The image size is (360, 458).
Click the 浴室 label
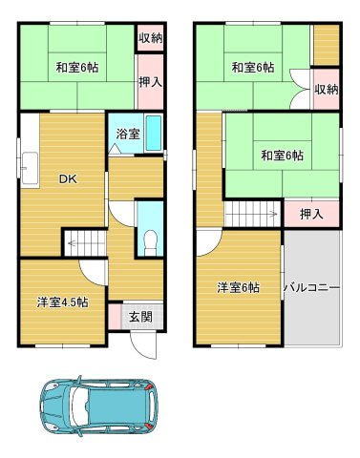click(129, 135)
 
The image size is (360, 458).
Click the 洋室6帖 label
click(237, 287)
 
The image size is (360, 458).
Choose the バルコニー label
click(311, 286)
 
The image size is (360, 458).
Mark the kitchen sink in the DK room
click(28, 166)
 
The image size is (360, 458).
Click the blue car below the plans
click(96, 408)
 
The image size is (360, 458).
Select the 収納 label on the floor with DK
click(149, 38)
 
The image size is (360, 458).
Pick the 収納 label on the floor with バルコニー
click(326, 90)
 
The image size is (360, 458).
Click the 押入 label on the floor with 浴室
click(149, 83)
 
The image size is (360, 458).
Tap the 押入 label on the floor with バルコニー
click(311, 214)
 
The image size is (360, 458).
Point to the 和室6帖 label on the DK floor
click(75, 67)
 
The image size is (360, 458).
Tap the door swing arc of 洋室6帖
click(209, 245)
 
